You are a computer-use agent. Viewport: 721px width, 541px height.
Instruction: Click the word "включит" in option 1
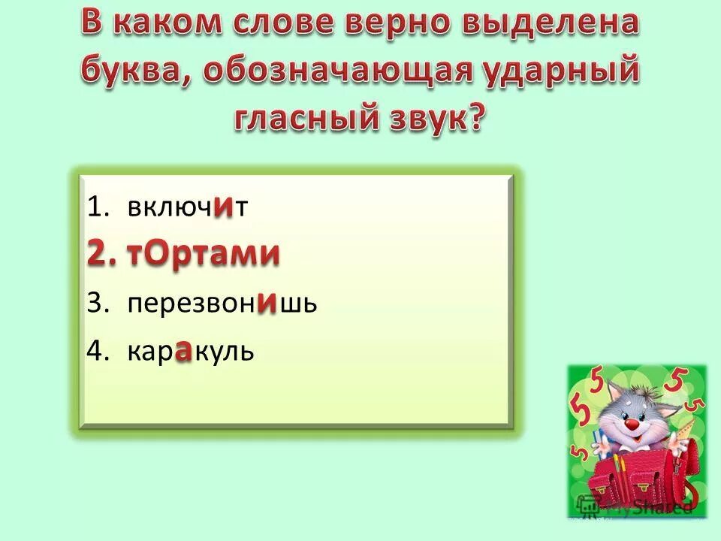coord(188,208)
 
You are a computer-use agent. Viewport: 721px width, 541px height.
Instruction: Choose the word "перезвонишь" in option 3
coord(223,304)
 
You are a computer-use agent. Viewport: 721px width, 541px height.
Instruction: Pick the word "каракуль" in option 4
coord(191,352)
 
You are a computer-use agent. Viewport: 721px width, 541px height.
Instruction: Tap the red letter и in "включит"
coord(222,207)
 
